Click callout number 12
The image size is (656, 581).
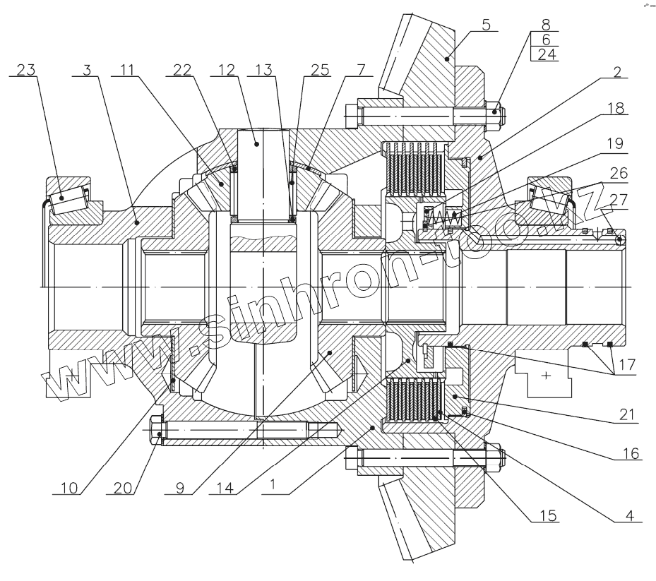227,69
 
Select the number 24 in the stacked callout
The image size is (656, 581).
546,54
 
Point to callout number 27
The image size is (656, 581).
616,200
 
